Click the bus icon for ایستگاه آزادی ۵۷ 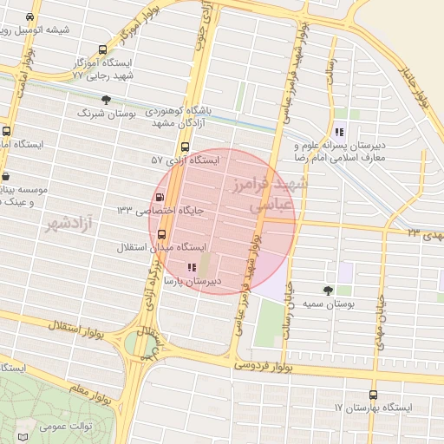coord(185,147)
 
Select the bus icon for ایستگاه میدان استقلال coord(160,233)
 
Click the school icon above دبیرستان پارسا coord(192,268)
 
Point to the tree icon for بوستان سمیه coord(328,291)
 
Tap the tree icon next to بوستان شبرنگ coord(107,100)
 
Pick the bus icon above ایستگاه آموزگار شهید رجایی coord(103,49)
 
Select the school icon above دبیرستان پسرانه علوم coord(339,133)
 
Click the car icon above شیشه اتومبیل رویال coord(31,16)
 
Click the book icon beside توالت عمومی coord(23,430)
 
